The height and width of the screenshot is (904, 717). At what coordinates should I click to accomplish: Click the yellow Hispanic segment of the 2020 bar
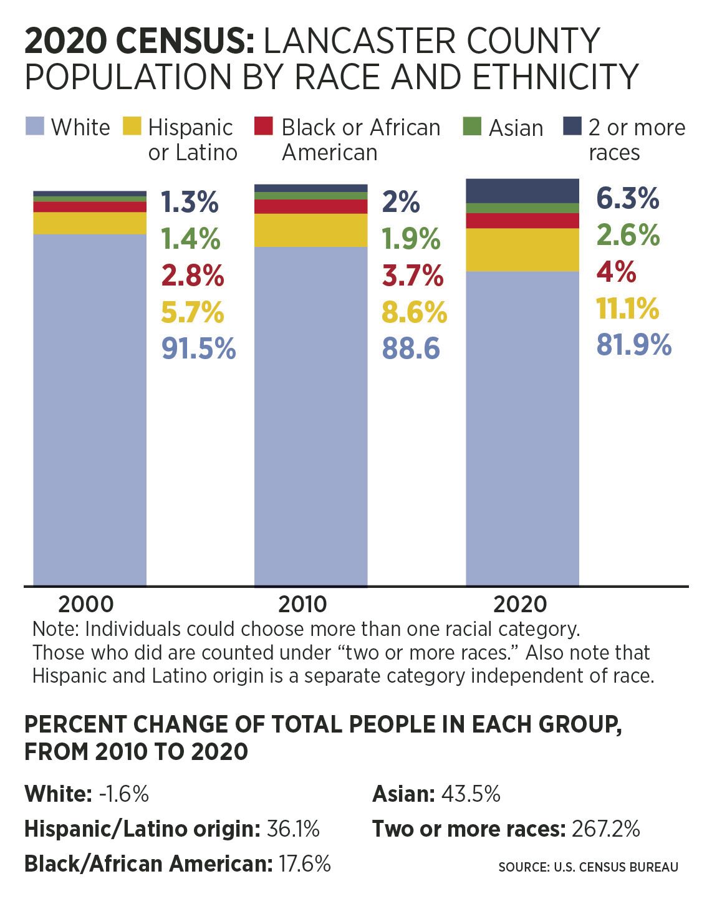point(522,250)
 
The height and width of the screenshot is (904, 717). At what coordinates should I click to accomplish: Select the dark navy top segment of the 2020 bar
point(522,191)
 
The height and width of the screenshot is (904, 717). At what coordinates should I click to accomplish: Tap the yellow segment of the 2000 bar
point(90,223)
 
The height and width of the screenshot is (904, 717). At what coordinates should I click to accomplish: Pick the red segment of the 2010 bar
point(310,206)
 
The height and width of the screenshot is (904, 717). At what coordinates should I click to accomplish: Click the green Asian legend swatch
point(472,127)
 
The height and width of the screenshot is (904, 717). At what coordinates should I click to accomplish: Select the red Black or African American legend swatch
point(264,127)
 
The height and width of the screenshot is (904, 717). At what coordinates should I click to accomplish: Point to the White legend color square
point(35,127)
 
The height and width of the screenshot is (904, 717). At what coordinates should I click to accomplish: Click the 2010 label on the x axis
point(302,603)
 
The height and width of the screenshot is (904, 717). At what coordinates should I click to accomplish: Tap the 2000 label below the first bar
point(86,603)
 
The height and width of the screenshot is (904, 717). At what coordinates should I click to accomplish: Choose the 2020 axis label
point(520,603)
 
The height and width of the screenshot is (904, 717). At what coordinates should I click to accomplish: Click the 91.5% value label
point(198,349)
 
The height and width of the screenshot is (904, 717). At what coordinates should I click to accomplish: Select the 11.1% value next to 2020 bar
point(627,309)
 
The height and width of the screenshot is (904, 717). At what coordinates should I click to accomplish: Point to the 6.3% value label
point(627,199)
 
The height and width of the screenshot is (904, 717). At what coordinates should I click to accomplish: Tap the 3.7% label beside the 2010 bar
point(413,276)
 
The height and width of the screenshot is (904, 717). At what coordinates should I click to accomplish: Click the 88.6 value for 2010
point(411,349)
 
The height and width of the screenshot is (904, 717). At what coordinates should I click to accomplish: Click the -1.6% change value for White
point(123,794)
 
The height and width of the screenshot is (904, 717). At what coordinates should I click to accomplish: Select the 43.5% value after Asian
point(471,794)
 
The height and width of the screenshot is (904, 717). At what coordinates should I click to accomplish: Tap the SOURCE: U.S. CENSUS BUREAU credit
point(588,867)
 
